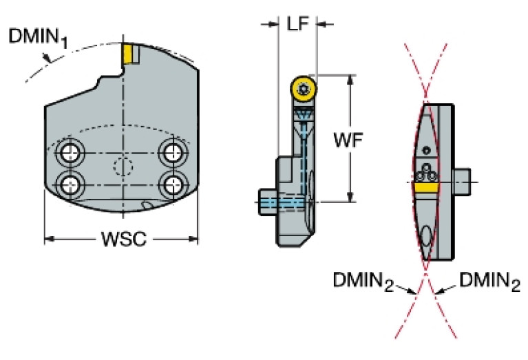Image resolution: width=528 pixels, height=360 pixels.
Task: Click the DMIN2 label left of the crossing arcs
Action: coord(362,280)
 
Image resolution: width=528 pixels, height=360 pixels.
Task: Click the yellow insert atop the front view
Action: coord(127,53)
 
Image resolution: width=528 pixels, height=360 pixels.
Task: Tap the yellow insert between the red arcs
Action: coord(427,187)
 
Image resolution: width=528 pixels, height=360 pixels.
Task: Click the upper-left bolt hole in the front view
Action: coord(69,151)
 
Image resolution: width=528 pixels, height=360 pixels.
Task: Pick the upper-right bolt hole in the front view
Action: coord(171,151)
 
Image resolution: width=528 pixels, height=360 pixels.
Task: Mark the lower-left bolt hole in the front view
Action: coord(69,183)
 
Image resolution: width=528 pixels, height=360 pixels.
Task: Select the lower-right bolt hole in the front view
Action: coord(171,183)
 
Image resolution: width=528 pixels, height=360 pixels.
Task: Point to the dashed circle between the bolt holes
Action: coord(122,167)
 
